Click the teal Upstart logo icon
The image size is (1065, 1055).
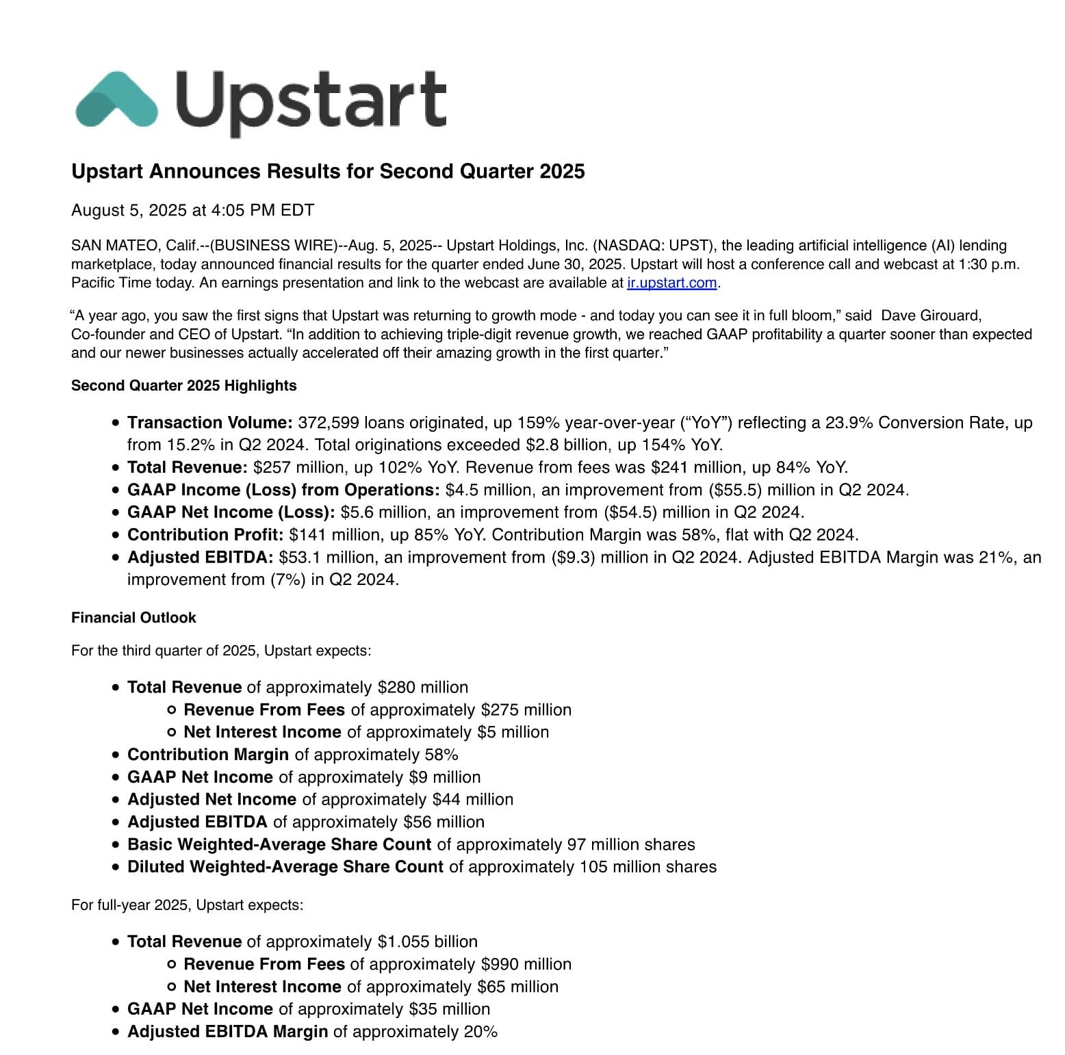116,100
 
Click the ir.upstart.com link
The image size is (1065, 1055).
671,283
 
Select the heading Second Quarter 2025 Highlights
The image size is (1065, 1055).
183,386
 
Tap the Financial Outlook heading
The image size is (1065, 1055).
133,618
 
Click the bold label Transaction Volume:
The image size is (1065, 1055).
210,423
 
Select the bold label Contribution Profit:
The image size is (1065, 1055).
205,535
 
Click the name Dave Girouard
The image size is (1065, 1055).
931,315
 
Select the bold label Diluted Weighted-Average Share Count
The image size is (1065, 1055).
285,868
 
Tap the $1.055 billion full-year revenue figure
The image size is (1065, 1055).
427,942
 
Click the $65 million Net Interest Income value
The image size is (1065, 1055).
517,987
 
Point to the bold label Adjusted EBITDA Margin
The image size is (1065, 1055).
228,1032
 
